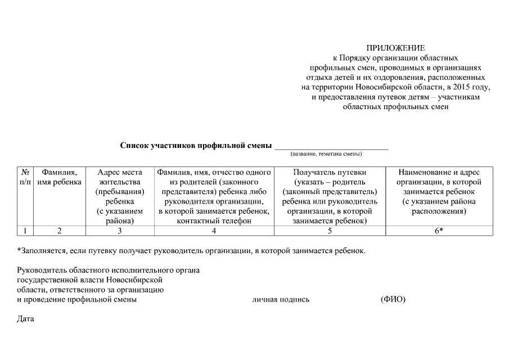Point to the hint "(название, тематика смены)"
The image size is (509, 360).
click(x=326, y=154)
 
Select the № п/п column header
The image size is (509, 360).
click(x=25, y=177)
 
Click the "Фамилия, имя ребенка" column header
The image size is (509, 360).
click(x=60, y=177)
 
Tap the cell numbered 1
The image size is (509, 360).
click(x=25, y=230)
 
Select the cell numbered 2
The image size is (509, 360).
click(x=60, y=230)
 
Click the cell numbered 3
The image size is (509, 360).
click(x=120, y=230)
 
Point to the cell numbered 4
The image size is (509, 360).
click(x=214, y=230)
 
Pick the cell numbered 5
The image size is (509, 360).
click(x=330, y=230)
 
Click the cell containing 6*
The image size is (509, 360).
click(x=439, y=230)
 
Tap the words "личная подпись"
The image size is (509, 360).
click(x=281, y=300)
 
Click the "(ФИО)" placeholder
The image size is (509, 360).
click(x=393, y=299)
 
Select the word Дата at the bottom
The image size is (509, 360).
click(x=26, y=319)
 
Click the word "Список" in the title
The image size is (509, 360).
click(x=135, y=145)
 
